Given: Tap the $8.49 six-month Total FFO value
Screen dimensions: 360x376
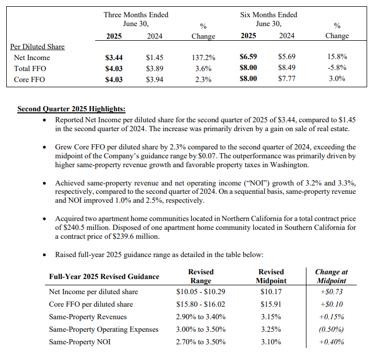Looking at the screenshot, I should pyautogui.click(x=287, y=68).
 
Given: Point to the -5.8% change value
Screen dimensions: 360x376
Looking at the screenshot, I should pyautogui.click(x=337, y=68).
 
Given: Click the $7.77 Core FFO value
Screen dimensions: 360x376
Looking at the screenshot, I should pyautogui.click(x=287, y=79).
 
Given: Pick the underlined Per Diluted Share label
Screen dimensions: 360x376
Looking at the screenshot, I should pyautogui.click(x=38, y=47).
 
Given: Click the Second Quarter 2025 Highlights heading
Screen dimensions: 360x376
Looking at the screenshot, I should pyautogui.click(x=71, y=109).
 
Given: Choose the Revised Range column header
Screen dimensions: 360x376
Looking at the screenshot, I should pyautogui.click(x=201, y=276).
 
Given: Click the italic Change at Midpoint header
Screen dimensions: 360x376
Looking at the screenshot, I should pyautogui.click(x=331, y=276).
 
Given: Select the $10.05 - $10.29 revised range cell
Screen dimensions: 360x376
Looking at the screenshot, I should pyautogui.click(x=201, y=292).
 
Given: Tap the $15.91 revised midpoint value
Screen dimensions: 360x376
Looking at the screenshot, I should pyautogui.click(x=271, y=304).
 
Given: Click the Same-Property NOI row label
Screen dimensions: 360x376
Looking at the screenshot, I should pyautogui.click(x=80, y=342).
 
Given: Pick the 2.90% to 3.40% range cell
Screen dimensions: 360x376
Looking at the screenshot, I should pyautogui.click(x=201, y=317).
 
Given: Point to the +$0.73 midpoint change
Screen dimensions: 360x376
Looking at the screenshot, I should pyautogui.click(x=331, y=292).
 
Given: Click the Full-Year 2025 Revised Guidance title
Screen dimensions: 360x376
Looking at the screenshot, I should pyautogui.click(x=104, y=276).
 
